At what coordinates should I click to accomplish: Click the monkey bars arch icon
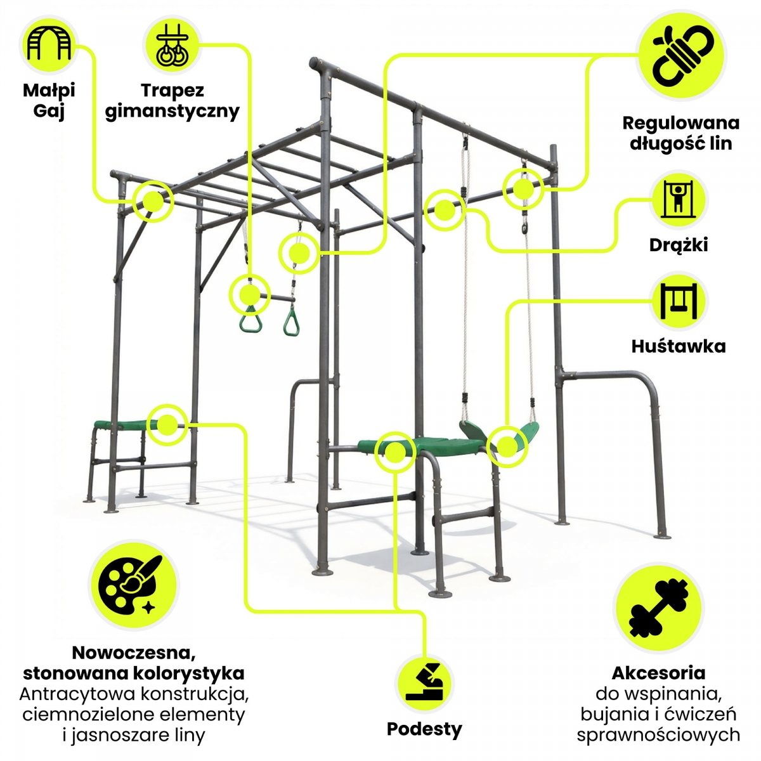click(x=49, y=44)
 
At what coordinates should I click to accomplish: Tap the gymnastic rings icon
click(x=172, y=44)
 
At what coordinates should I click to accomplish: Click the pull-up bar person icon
click(x=679, y=200)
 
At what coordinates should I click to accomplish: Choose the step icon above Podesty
click(x=424, y=682)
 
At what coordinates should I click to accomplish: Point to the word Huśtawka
click(x=679, y=346)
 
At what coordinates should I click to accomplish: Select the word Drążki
click(x=679, y=245)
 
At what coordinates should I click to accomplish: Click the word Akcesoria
click(x=658, y=673)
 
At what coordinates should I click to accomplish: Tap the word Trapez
click(x=172, y=91)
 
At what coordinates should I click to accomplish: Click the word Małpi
click(x=49, y=91)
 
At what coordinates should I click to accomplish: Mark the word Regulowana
click(x=681, y=124)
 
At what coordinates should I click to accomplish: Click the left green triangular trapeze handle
click(x=250, y=318)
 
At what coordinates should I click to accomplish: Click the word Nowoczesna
click(x=134, y=653)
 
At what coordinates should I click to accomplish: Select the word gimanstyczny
click(x=172, y=112)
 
